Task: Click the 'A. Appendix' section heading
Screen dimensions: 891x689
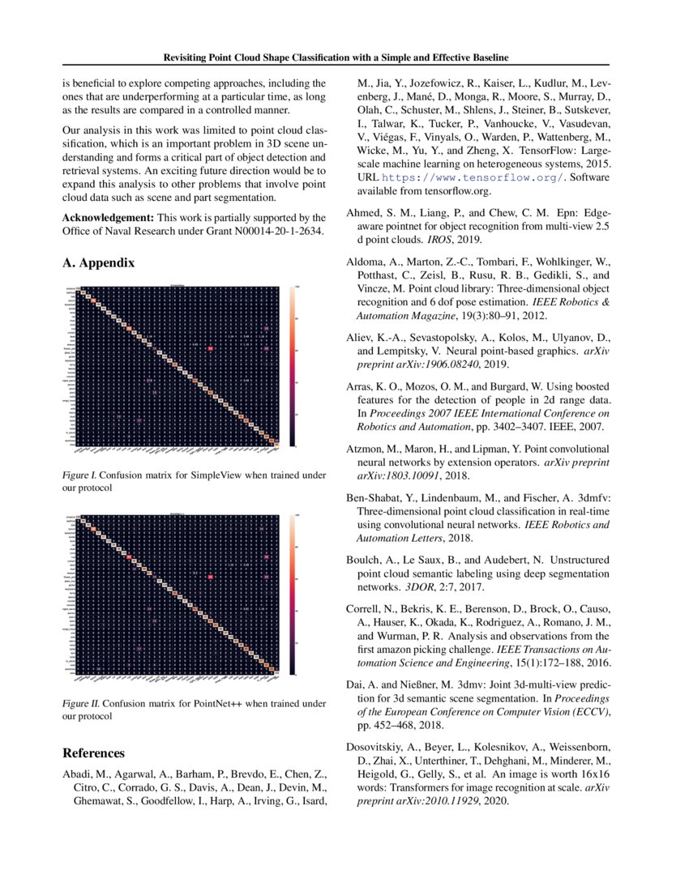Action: point(99,263)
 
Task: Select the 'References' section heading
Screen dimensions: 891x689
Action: point(94,753)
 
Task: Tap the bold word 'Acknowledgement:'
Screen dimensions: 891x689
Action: point(109,218)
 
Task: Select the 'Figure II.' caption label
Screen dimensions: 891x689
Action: point(83,703)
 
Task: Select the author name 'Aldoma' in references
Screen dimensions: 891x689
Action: point(367,263)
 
